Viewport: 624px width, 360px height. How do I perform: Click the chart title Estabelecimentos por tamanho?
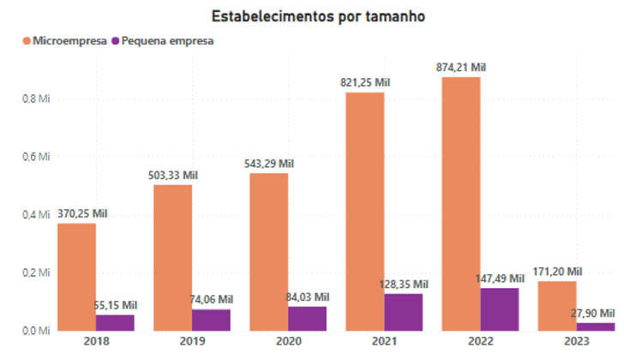coord(313,15)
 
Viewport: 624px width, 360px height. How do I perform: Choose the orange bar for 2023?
coord(557,305)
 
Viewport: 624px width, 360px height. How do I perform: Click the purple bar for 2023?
coord(596,327)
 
